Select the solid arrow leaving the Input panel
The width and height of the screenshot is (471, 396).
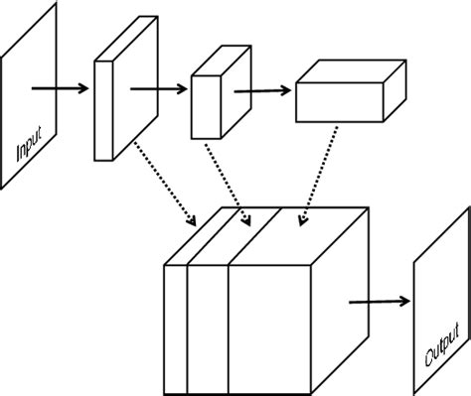(x=59, y=87)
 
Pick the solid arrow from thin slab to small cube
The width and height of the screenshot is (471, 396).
(x=158, y=87)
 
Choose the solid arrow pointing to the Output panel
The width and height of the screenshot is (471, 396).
(x=378, y=300)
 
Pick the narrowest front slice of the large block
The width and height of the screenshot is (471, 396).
(x=176, y=328)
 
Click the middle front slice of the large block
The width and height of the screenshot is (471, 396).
(x=208, y=328)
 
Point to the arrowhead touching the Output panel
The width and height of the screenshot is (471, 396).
(x=403, y=300)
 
